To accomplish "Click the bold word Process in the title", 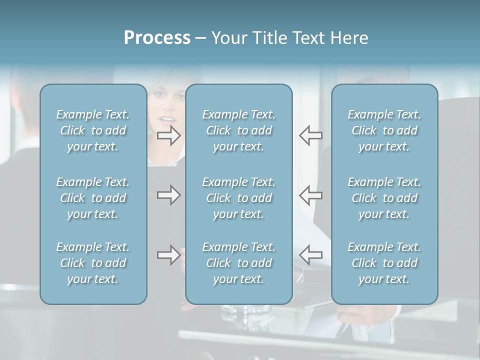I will click(x=157, y=38).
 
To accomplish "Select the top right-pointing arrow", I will click(x=169, y=135).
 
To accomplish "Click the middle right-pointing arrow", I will click(x=169, y=195).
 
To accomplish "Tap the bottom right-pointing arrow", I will click(x=169, y=255).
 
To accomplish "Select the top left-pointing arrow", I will click(x=310, y=135).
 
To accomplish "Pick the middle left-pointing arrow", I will click(x=310, y=195).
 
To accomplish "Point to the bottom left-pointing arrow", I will click(x=310, y=254).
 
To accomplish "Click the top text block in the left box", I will click(x=93, y=130).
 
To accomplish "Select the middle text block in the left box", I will click(x=93, y=198).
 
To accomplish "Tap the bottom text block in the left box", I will click(x=93, y=263).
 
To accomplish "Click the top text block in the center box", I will click(x=238, y=130).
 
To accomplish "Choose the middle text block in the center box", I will click(x=238, y=198).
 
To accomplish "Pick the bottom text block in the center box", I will click(x=238, y=263).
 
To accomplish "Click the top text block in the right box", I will click(x=384, y=130).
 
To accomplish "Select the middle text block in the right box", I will click(x=384, y=198).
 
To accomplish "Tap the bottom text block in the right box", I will click(x=384, y=263).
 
